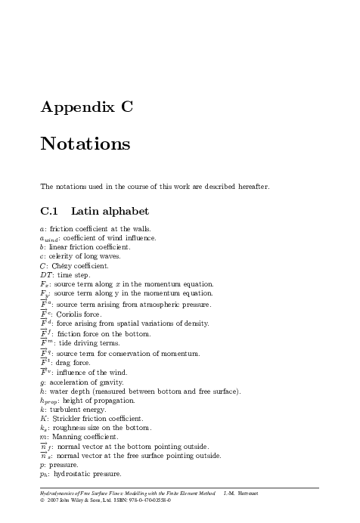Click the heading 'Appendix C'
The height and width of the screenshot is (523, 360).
(x=87, y=107)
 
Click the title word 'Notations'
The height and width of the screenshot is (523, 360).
(x=85, y=144)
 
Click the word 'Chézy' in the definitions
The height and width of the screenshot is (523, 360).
(x=64, y=266)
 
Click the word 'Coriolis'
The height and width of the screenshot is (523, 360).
(x=72, y=314)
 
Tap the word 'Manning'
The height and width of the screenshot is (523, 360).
(x=67, y=437)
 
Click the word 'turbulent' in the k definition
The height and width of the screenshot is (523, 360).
(x=65, y=409)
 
